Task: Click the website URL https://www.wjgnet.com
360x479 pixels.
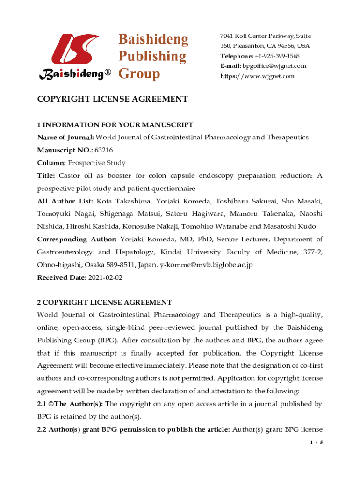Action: [257, 76]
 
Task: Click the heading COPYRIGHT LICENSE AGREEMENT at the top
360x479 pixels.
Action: [112, 99]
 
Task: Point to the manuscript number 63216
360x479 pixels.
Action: [104, 150]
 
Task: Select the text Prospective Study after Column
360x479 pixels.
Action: [97, 163]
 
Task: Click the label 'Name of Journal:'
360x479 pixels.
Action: [66, 138]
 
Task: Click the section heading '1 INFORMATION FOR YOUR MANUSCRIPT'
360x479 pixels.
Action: [115, 125]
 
